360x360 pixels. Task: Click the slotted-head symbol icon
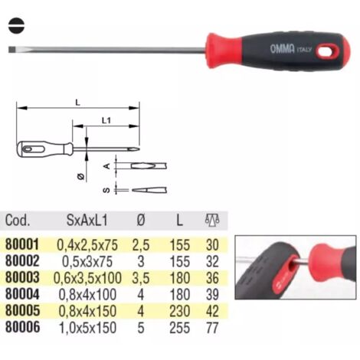point(16,25)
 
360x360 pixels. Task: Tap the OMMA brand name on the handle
point(282,48)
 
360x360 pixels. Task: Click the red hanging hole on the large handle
point(328,51)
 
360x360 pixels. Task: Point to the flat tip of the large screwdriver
point(11,49)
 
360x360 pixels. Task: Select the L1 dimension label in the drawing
point(106,120)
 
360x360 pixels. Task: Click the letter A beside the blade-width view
point(107,166)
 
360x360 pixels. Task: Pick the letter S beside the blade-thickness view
point(106,190)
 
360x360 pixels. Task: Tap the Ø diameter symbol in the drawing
point(80,176)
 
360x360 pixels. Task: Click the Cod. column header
point(18,220)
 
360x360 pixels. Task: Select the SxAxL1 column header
point(87,220)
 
